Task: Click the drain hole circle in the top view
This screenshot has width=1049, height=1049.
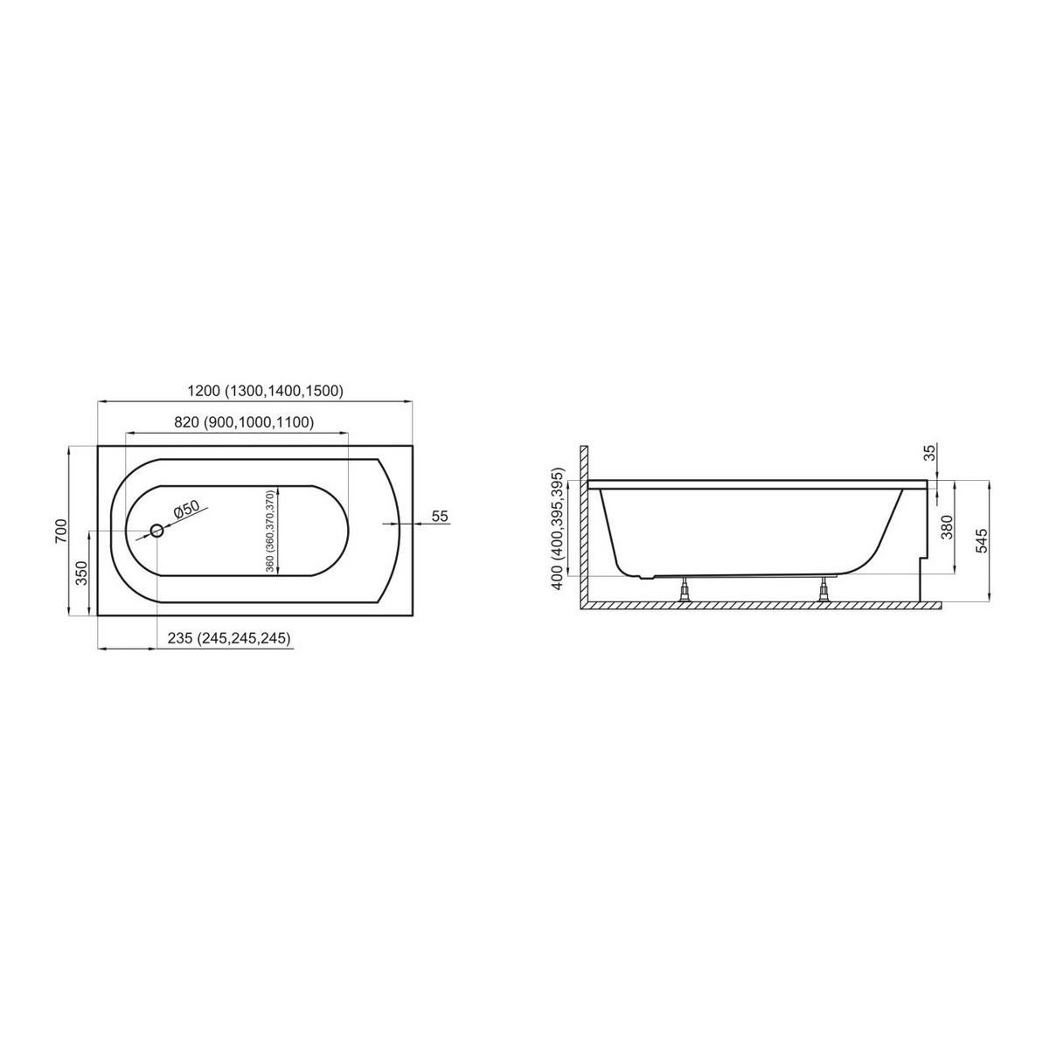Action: coord(156,531)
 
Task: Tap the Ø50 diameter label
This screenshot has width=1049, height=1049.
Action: coord(186,510)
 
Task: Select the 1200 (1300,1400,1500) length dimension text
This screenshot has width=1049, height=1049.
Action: coord(266,391)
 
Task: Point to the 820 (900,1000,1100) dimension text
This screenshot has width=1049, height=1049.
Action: coord(244,422)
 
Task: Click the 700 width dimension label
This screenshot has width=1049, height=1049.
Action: coord(61,531)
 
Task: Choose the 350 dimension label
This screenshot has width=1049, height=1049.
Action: coord(81,573)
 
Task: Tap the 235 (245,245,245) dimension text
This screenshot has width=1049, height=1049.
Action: coord(229,638)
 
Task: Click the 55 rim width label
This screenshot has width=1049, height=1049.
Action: coord(440,516)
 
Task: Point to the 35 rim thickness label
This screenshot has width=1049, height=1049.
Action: coord(930,452)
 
